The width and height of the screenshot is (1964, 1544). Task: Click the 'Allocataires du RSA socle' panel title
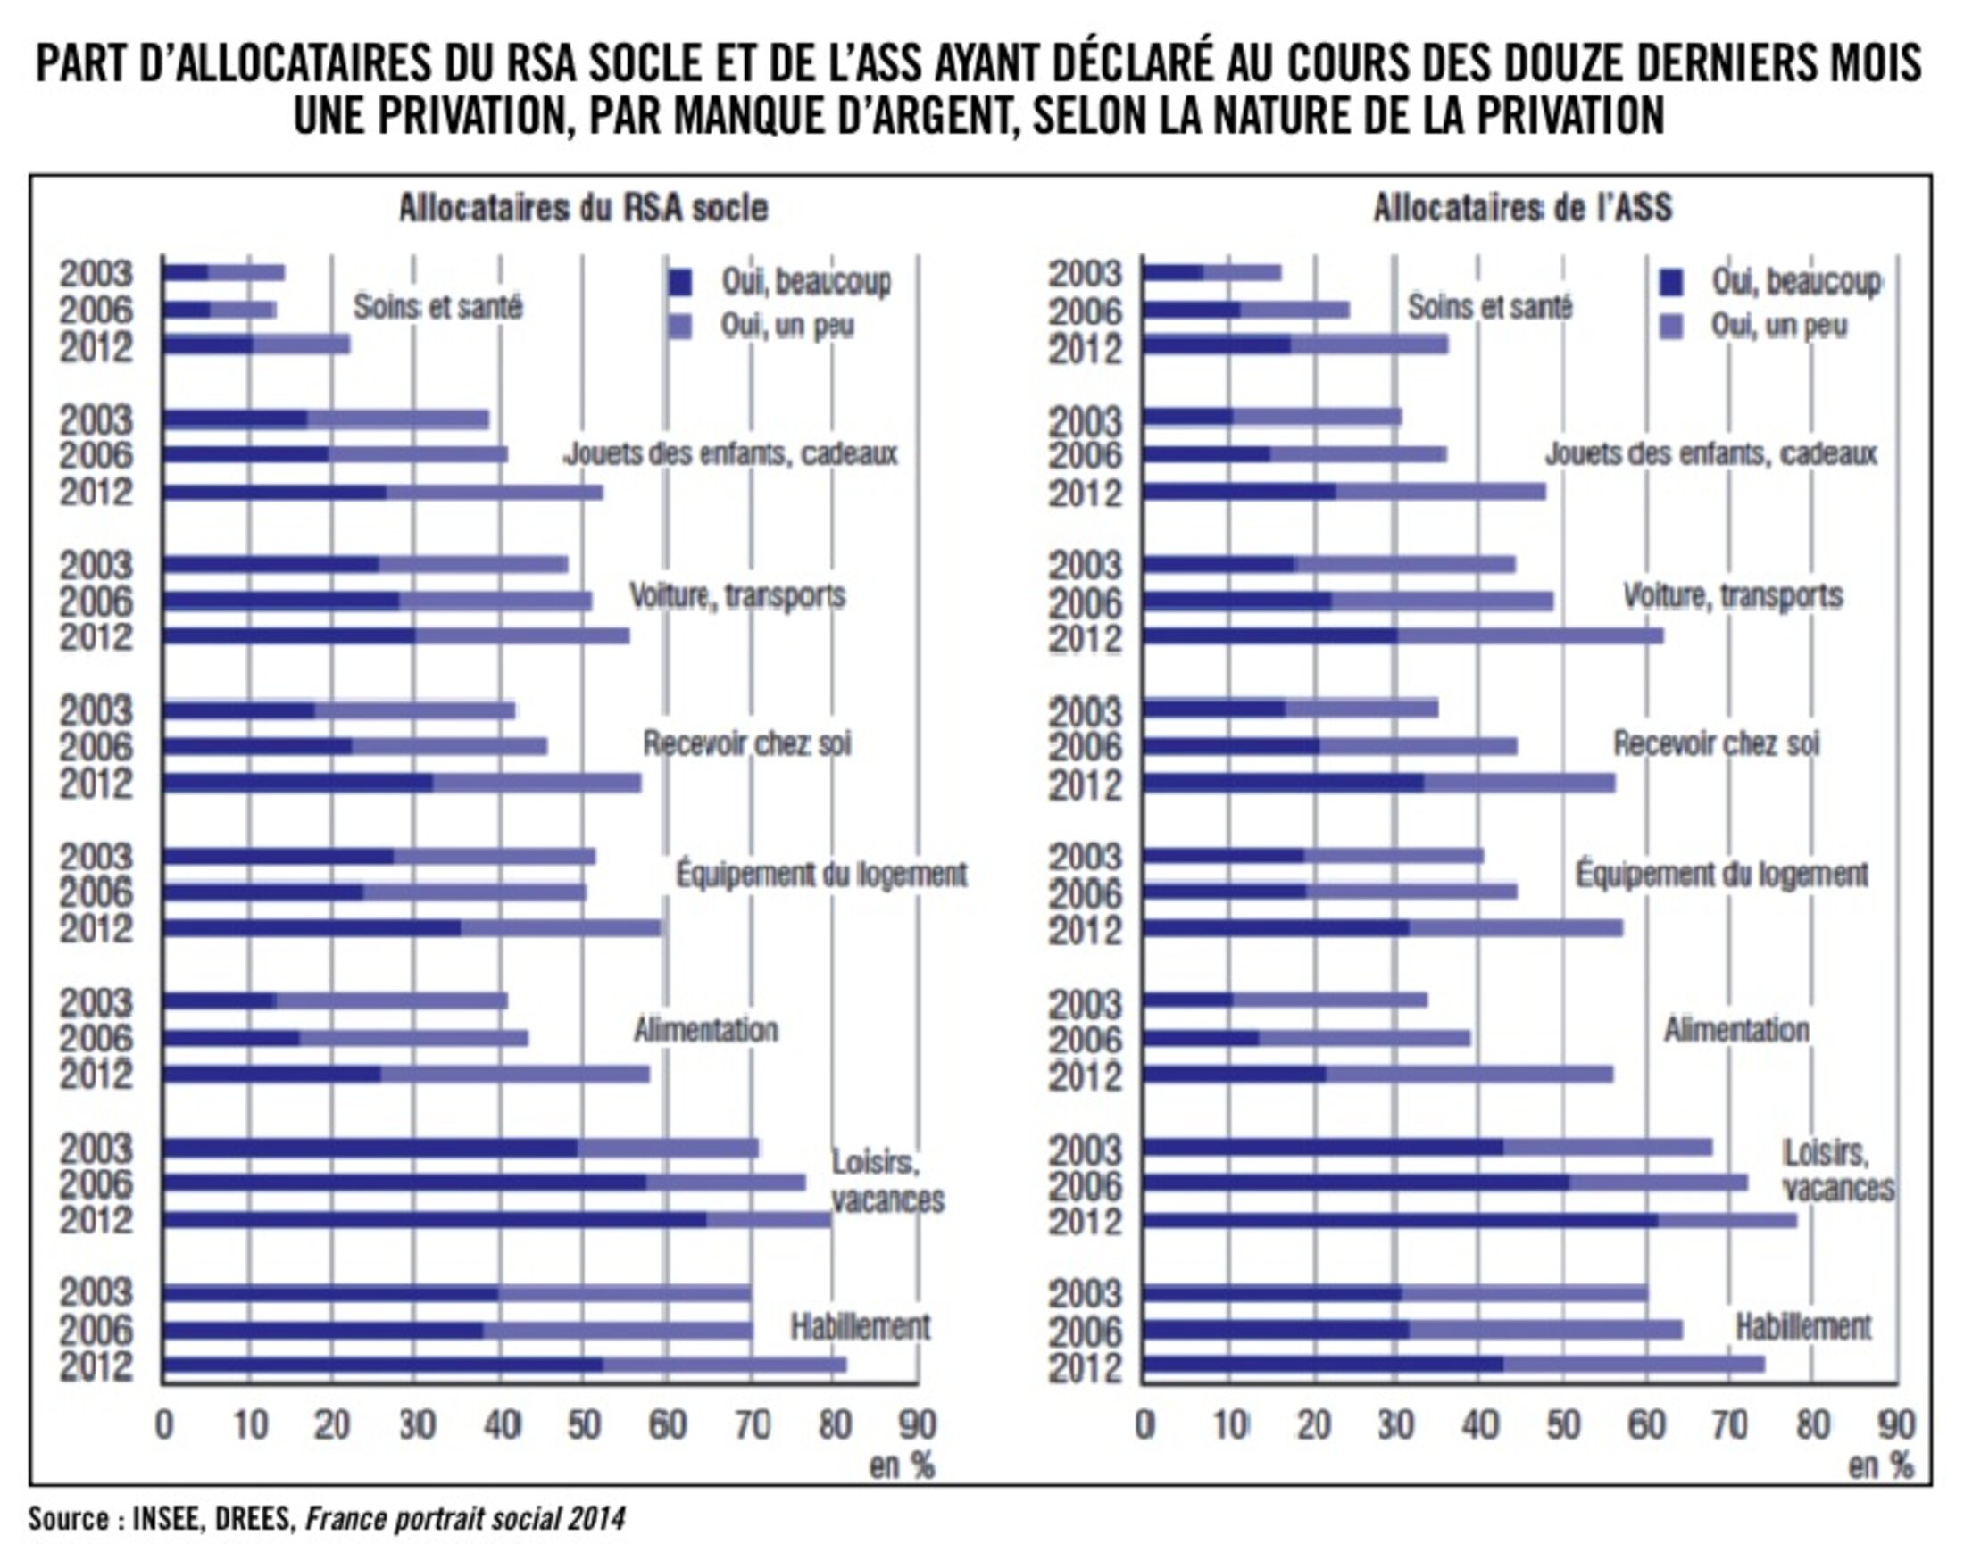click(x=583, y=208)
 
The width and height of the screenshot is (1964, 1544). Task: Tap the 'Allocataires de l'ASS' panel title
click(x=1523, y=208)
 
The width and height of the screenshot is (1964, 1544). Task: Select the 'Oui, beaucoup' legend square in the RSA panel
click(x=679, y=283)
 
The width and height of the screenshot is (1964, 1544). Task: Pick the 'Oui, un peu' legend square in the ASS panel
click(x=1672, y=327)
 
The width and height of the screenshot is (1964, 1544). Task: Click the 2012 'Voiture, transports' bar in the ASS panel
click(x=1402, y=635)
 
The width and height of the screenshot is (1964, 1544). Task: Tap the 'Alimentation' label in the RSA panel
click(x=705, y=1030)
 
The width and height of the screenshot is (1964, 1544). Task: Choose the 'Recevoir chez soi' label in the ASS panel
click(x=1716, y=744)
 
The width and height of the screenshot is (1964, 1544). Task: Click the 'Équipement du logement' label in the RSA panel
click(x=821, y=874)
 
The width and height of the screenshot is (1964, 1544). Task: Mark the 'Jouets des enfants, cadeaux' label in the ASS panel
click(x=1710, y=452)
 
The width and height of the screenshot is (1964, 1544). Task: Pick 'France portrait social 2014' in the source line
click(x=465, y=1518)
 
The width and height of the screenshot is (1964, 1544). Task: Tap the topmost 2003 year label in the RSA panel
click(x=96, y=274)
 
